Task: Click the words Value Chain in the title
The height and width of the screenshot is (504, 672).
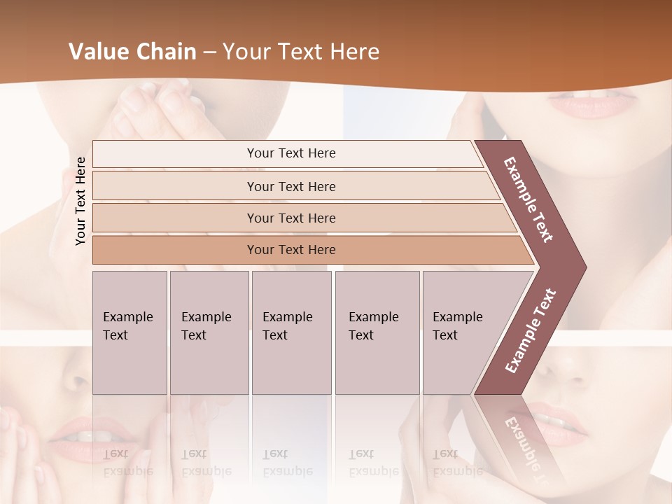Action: [x=132, y=52]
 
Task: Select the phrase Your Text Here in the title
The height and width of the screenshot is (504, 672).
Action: [x=301, y=52]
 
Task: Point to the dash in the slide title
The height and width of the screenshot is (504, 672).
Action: [x=209, y=52]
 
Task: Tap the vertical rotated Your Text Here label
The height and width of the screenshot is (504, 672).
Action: [x=80, y=201]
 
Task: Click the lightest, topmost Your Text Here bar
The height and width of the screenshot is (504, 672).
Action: [x=290, y=153]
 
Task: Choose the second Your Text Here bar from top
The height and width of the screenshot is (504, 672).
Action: [x=290, y=186]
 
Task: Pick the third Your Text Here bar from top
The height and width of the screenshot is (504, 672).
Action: [x=290, y=218]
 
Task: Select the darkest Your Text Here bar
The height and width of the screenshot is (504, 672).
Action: [x=290, y=250]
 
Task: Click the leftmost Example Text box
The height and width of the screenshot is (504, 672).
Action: [x=129, y=332]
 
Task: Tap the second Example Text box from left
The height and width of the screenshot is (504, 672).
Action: [x=209, y=332]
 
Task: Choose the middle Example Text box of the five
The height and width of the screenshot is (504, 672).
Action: [x=291, y=332]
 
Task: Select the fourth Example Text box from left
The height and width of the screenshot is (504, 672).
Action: [x=377, y=332]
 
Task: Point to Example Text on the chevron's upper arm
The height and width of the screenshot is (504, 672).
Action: [x=528, y=199]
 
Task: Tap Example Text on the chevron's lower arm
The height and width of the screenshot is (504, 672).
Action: [x=531, y=330]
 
